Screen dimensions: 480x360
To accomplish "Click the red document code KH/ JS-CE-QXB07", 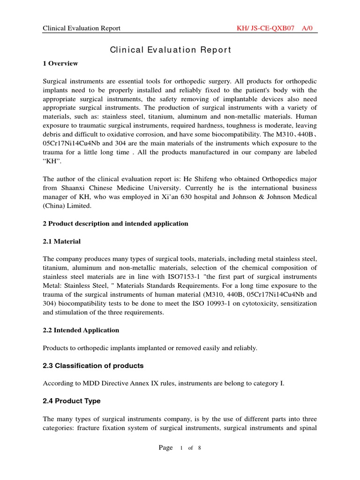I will pos(266,28).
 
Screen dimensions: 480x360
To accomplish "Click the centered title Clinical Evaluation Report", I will pos(171,50).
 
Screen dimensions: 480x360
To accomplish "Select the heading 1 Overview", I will pos(60,63).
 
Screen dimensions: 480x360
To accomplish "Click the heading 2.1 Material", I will pos(62,241).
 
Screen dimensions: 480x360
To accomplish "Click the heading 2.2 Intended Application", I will pos(81,330).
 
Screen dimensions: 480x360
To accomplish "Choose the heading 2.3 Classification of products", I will pos(93,366).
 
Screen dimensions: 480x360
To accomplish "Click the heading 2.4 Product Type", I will pos(72,401).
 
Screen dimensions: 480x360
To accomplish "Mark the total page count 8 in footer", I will pos(199,448).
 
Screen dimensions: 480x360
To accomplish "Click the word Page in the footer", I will pos(166,448).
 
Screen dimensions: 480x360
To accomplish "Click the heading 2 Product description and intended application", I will pos(115,224).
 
